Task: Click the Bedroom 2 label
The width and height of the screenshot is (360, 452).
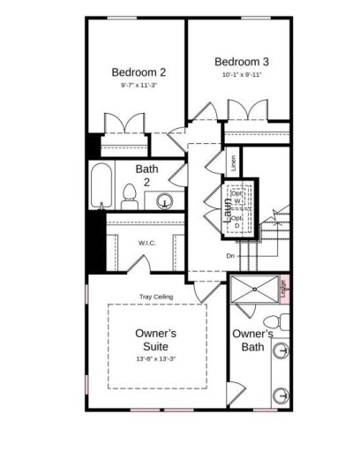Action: click(x=139, y=72)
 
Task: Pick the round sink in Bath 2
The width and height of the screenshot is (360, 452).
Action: click(x=164, y=200)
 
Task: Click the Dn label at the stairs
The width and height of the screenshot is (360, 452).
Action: click(x=229, y=256)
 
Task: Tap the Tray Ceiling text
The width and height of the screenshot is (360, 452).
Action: click(x=155, y=297)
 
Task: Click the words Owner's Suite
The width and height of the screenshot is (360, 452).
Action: click(x=156, y=341)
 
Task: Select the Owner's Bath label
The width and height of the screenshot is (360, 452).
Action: click(x=252, y=341)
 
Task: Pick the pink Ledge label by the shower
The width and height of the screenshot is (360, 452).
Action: click(x=285, y=290)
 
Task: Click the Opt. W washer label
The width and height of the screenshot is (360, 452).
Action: click(x=237, y=197)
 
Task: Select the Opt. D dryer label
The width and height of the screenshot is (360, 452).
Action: click(x=236, y=221)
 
